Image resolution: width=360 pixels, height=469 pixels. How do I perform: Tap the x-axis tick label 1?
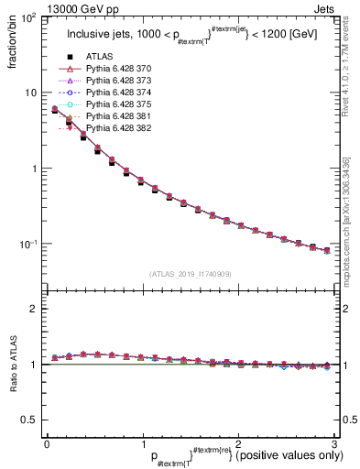click(x=142, y=443)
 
